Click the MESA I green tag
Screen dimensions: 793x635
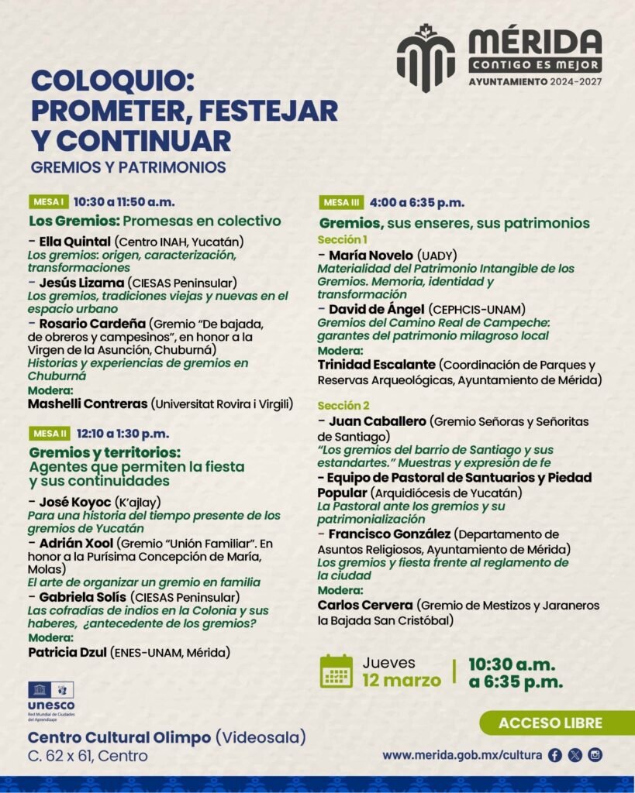tap(49, 202)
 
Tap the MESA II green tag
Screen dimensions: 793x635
tap(50, 434)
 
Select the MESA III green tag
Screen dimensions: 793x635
tap(341, 203)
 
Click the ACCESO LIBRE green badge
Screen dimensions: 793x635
tap(550, 723)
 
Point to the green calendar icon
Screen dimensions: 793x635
tap(336, 671)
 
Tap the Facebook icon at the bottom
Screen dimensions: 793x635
tap(555, 756)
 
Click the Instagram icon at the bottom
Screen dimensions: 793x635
tap(595, 756)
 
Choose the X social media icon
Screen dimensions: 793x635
tap(575, 756)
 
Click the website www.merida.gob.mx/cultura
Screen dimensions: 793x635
tap(462, 756)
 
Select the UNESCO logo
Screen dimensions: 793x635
tap(51, 700)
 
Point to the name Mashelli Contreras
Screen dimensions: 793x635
tap(88, 403)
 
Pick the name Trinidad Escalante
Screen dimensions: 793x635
tap(375, 365)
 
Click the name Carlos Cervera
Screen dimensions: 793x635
tap(365, 605)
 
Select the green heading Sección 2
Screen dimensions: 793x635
tap(343, 406)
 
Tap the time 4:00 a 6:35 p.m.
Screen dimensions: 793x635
tap(417, 203)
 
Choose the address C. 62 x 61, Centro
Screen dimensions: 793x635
tap(88, 757)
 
